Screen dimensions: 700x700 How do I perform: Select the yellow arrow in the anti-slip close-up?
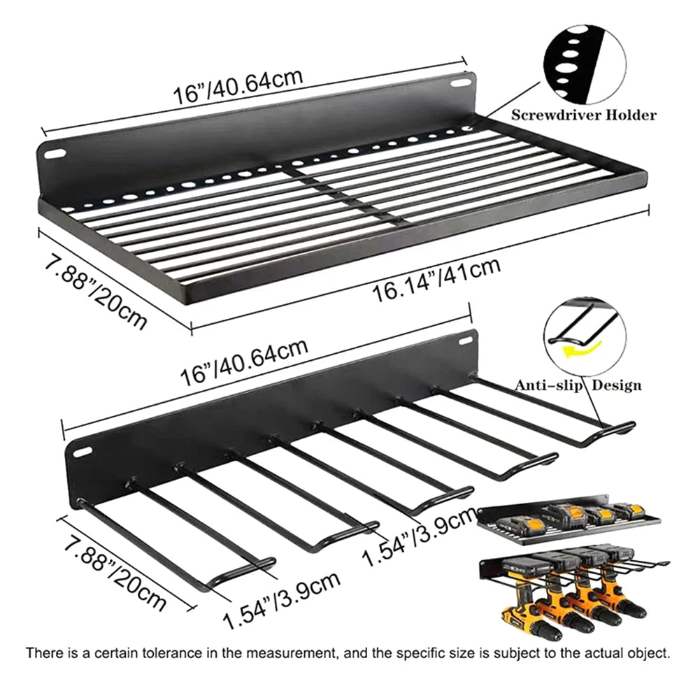click(582, 349)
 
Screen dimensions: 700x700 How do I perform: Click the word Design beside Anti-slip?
click(617, 385)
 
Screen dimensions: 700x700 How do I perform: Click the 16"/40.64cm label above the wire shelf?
click(238, 87)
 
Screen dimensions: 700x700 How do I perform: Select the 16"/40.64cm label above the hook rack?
click(244, 362)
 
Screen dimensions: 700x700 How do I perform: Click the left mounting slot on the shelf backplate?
click(55, 154)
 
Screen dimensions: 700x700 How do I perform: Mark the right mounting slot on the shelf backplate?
click(460, 83)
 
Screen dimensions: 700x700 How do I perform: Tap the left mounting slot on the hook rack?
click(82, 452)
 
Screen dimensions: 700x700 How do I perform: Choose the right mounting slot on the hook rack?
click(465, 341)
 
